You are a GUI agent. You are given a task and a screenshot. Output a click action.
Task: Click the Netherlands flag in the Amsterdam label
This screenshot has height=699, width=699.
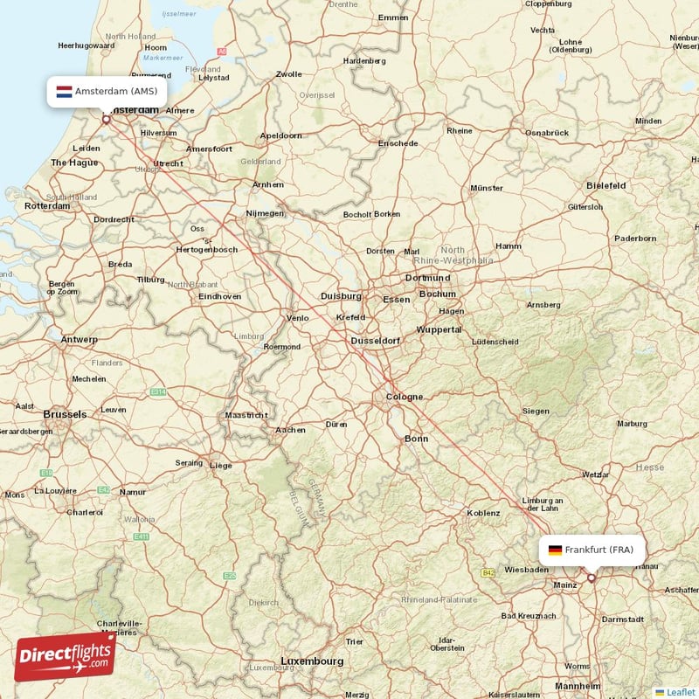tap(64, 91)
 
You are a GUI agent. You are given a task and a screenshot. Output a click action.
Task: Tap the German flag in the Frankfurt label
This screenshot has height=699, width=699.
tap(555, 550)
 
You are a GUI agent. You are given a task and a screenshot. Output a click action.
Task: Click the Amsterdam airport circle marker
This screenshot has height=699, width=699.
tap(107, 120)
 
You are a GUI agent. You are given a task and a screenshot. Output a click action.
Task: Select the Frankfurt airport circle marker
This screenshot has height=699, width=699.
tap(592, 578)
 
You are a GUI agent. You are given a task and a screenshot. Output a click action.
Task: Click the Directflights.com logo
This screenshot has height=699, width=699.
tap(66, 656)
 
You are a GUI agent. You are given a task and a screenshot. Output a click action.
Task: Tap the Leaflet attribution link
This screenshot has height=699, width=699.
tap(675, 691)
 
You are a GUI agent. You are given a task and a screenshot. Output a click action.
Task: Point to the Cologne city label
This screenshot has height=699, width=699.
tap(404, 398)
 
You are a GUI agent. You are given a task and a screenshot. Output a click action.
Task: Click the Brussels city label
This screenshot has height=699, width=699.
tap(66, 414)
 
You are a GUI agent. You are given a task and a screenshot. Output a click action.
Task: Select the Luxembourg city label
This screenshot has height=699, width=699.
tap(312, 661)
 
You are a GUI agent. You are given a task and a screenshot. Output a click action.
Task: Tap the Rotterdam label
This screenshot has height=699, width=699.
tap(47, 206)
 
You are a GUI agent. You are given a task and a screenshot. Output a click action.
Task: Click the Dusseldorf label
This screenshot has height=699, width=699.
tap(375, 340)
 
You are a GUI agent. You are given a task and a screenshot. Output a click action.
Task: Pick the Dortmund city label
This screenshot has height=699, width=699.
tap(427, 278)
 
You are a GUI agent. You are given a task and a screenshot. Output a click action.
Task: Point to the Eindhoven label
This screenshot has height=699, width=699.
tap(219, 296)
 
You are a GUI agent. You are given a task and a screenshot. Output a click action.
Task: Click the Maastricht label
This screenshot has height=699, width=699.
tap(246, 415)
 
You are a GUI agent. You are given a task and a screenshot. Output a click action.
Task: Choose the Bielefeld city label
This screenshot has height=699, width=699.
tap(606, 185)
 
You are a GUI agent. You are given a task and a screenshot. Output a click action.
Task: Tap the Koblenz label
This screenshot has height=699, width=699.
tap(484, 513)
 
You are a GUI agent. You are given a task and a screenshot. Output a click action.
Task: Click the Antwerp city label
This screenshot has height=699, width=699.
tap(80, 339)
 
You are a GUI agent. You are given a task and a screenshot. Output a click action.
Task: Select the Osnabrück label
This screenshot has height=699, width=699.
tap(547, 132)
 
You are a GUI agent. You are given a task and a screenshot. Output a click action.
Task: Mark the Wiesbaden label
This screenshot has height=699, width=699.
tap(527, 568)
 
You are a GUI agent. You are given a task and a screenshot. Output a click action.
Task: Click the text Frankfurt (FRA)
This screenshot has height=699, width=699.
tap(599, 550)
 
